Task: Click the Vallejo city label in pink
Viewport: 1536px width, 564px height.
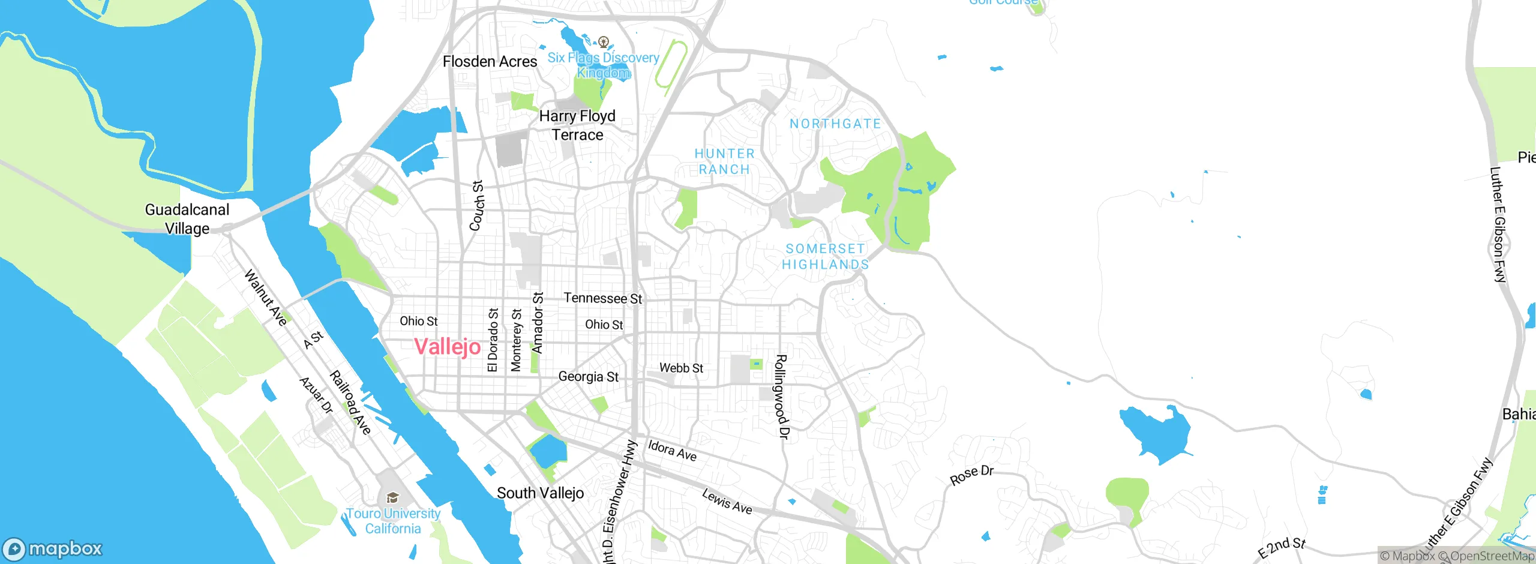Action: [447, 347]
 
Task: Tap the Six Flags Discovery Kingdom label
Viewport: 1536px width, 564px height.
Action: [603, 65]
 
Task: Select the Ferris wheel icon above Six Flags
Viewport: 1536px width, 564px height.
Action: [604, 41]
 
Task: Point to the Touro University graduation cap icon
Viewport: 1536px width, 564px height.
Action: [392, 497]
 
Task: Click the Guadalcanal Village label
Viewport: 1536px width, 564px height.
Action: [187, 219]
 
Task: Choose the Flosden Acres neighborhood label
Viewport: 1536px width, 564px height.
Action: [490, 61]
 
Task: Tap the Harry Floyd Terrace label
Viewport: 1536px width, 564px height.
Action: [577, 125]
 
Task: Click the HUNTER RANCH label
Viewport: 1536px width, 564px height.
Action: [724, 161]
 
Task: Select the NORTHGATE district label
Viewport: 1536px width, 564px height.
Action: [835, 124]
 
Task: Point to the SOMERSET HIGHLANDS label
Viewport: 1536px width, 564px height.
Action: [825, 256]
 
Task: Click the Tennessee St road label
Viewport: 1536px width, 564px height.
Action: [602, 298]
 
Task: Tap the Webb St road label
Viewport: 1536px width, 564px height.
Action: [681, 368]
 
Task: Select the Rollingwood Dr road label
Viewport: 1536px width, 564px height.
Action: [781, 397]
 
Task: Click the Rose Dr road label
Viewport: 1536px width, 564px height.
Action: [971, 475]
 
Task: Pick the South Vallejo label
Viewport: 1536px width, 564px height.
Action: [540, 493]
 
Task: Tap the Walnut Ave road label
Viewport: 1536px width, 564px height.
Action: [265, 298]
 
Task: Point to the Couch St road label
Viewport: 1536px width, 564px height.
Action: [477, 205]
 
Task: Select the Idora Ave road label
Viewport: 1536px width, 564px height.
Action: [672, 450]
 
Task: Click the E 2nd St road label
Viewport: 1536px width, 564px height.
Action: [1282, 547]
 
